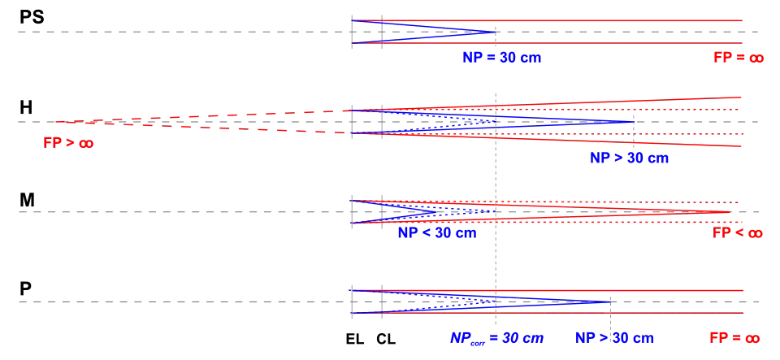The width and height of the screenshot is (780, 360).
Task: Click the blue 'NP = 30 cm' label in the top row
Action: coord(501,58)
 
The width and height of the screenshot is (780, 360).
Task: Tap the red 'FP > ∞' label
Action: coord(69,143)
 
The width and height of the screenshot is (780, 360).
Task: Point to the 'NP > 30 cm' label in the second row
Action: coord(628,158)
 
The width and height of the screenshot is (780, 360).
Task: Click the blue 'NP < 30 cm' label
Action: coord(435,232)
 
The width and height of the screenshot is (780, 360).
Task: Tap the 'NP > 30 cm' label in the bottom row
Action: coord(614,338)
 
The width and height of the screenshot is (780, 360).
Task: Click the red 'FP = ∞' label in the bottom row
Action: coord(734,338)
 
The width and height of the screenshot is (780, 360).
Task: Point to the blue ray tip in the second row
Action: coord(635,121)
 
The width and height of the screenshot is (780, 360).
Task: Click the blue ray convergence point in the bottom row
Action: coord(609,302)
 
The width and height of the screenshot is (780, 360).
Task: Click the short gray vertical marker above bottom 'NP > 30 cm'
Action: coord(608,311)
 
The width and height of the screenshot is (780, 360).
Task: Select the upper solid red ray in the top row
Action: coord(569,21)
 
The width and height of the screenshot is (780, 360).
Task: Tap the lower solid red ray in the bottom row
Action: coord(569,314)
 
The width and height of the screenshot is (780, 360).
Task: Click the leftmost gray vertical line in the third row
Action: coord(353,211)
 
